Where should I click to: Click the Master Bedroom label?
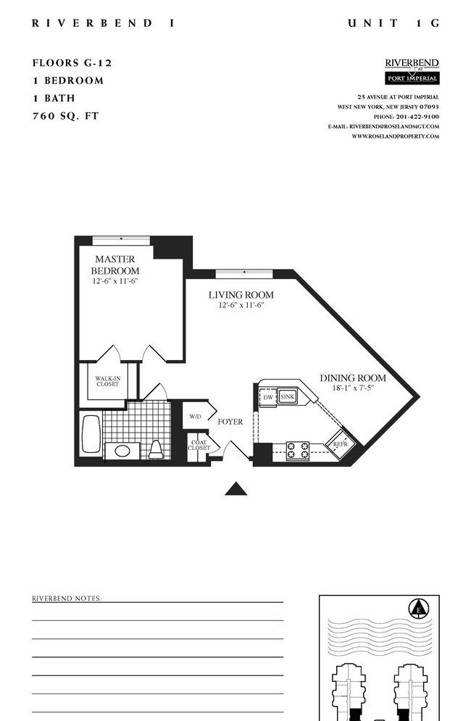tap(115, 265)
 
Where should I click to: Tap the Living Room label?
tap(241, 295)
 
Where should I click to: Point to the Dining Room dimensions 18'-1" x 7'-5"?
tap(354, 388)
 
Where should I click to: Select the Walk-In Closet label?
tap(108, 381)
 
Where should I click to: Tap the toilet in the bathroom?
tap(156, 449)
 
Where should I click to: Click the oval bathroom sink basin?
tap(122, 451)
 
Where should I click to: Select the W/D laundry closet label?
tap(196, 416)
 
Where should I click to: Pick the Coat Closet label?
tap(199, 445)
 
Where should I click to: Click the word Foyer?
tap(230, 422)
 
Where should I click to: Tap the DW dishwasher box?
tap(267, 397)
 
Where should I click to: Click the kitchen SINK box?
tap(287, 397)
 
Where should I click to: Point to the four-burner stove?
tap(298, 451)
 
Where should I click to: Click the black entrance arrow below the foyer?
tap(236, 489)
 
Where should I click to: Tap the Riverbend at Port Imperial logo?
tap(412, 71)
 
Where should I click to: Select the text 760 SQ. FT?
tap(66, 116)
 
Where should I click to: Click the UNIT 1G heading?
tap(393, 23)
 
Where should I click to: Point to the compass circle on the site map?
tap(419, 609)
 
